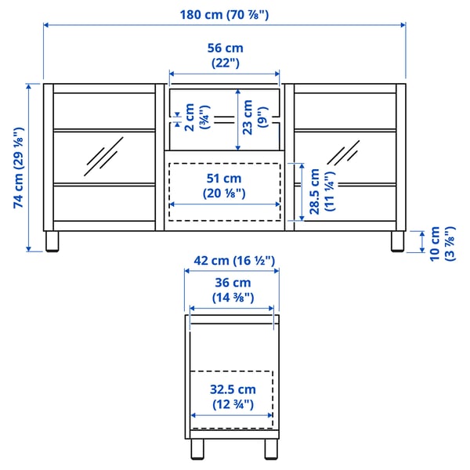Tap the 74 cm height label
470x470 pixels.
[x=18, y=167]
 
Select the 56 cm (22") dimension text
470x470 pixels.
[x=226, y=55]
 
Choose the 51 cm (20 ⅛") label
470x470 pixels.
[x=225, y=186]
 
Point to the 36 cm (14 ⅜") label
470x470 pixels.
[x=231, y=290]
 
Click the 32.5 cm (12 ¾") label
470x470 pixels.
[x=232, y=396]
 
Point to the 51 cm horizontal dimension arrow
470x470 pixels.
[x=225, y=205]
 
